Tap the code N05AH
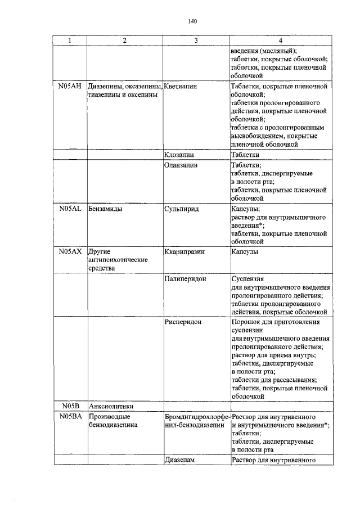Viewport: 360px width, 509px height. (70, 87)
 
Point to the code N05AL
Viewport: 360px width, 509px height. (70, 208)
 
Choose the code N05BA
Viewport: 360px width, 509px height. (70, 417)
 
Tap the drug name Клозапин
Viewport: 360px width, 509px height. (180, 154)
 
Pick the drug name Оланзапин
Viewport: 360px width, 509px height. (182, 165)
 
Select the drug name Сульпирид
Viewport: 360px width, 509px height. (181, 208)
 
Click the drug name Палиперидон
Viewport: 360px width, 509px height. (185, 278)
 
